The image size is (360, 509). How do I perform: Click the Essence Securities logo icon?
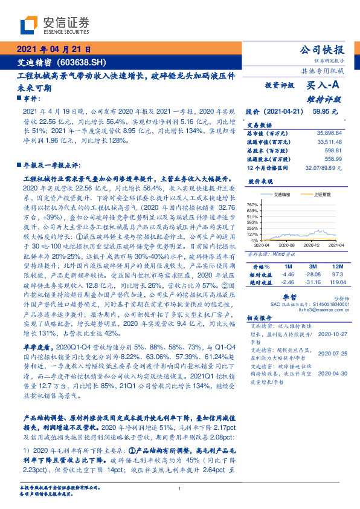pos(28,25)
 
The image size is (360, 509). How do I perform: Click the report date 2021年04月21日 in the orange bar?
pos(54,50)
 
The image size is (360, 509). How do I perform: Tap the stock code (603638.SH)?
pos(82,62)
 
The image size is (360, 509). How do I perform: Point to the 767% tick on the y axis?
pos(252,206)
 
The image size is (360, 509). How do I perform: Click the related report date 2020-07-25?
pos(332,353)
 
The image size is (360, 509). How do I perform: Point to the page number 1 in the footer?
pos(180,490)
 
